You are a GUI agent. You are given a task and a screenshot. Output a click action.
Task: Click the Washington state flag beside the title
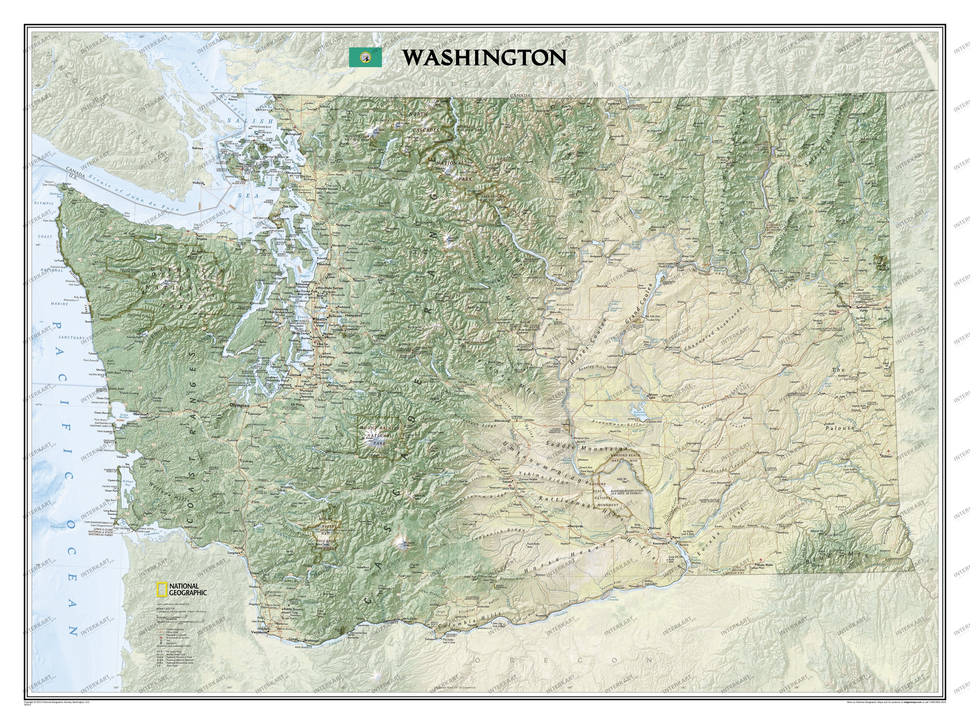point(365,57)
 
